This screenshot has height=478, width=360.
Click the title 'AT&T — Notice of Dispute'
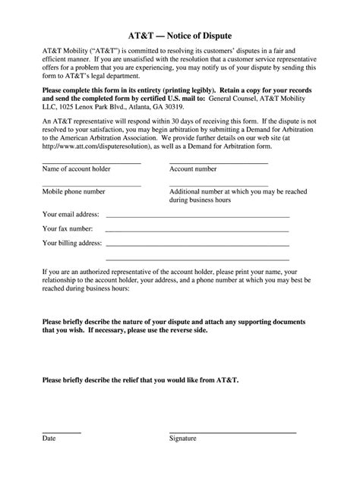(x=179, y=36)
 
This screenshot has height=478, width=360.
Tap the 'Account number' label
(x=194, y=170)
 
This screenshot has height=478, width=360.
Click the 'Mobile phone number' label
(x=74, y=193)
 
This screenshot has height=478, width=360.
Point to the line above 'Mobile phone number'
(x=92, y=186)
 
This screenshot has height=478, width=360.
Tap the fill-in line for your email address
(x=197, y=217)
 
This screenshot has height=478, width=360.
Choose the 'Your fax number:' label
(x=68, y=229)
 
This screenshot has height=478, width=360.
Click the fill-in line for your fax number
(x=197, y=231)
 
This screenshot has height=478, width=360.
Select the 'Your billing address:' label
(x=73, y=244)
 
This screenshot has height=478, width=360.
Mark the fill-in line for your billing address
(x=197, y=246)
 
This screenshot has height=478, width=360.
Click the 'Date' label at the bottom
(x=49, y=460)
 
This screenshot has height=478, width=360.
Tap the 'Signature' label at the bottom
(x=182, y=460)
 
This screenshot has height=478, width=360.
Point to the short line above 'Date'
(x=62, y=453)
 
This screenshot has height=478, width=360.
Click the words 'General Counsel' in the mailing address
(x=234, y=99)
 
